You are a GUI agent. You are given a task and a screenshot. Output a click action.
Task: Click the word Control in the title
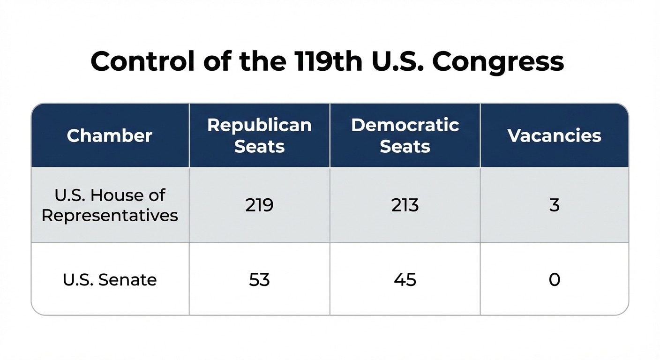(143, 61)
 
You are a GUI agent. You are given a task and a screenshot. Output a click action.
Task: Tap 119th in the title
(329, 61)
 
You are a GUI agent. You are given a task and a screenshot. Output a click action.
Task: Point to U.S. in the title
(398, 61)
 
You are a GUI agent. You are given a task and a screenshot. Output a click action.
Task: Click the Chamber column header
(110, 135)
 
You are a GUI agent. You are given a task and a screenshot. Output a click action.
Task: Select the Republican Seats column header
(259, 135)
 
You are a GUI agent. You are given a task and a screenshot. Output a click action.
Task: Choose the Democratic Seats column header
(405, 135)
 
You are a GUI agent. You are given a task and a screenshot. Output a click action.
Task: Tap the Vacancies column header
(554, 135)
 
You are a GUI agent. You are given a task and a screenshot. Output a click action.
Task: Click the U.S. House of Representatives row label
(110, 205)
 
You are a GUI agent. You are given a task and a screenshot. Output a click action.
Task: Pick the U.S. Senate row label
(110, 279)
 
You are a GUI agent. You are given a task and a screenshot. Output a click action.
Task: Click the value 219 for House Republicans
(259, 205)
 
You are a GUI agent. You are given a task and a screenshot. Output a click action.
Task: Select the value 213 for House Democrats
(405, 205)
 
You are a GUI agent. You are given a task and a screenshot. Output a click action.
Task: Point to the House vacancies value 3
(554, 205)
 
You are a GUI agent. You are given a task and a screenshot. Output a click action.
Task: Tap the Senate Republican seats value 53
(259, 279)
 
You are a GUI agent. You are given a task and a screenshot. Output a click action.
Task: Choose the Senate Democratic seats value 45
(405, 279)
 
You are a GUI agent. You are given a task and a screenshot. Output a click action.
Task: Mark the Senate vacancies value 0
(554, 279)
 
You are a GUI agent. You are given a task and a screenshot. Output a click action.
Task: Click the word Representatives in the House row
(110, 216)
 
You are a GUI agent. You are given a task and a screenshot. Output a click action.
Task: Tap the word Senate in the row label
(127, 279)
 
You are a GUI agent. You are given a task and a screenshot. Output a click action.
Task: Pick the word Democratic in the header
(405, 125)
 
